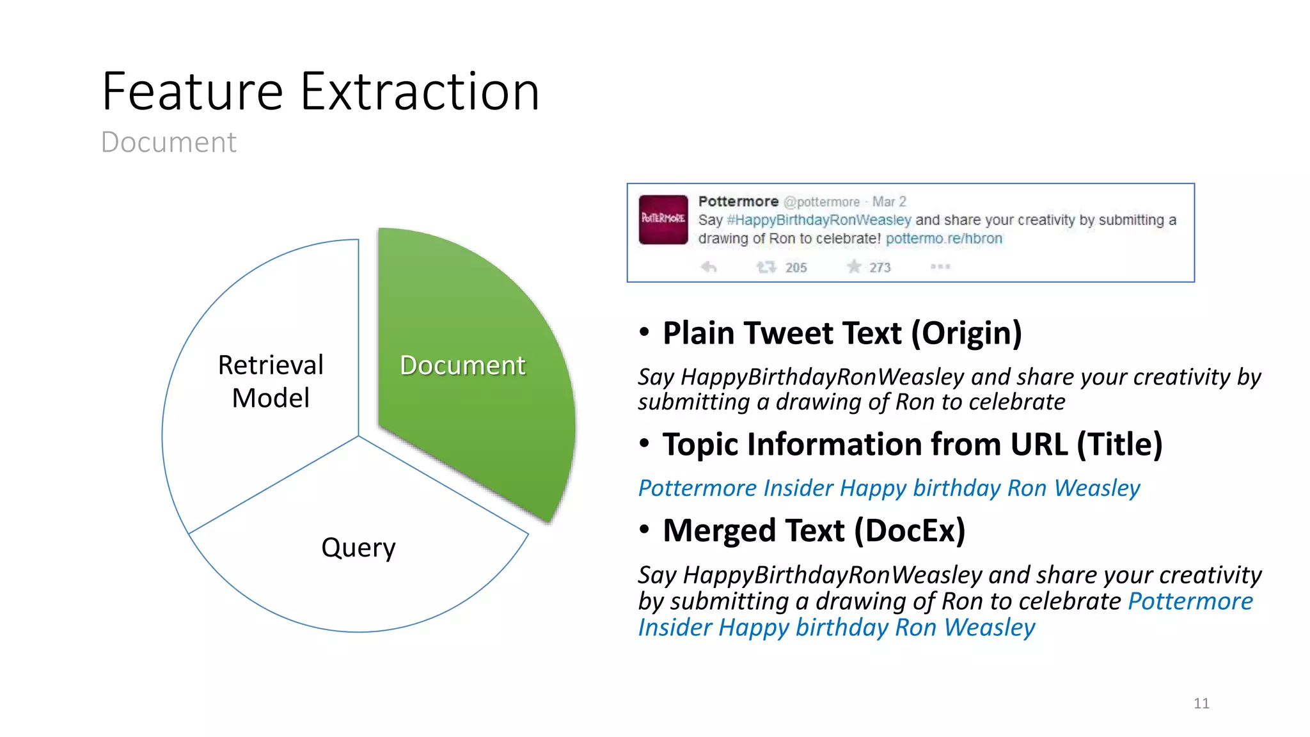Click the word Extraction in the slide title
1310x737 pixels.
(420, 93)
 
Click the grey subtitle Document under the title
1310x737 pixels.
(169, 142)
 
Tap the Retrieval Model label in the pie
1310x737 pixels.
(271, 381)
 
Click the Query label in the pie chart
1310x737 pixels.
(358, 548)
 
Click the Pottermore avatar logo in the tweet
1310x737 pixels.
(663, 219)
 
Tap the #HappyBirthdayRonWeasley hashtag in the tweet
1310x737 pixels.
(819, 220)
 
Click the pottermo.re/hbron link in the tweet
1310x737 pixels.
(943, 239)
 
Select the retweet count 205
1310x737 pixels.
(796, 267)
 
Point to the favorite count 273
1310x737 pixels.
(880, 267)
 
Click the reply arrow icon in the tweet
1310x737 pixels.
(708, 267)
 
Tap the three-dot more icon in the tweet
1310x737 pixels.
(940, 267)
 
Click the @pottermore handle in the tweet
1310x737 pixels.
(821, 202)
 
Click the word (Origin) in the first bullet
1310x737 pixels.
(967, 334)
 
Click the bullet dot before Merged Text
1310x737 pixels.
(644, 530)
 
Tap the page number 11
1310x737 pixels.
(1201, 704)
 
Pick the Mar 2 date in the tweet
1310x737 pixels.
(889, 202)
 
